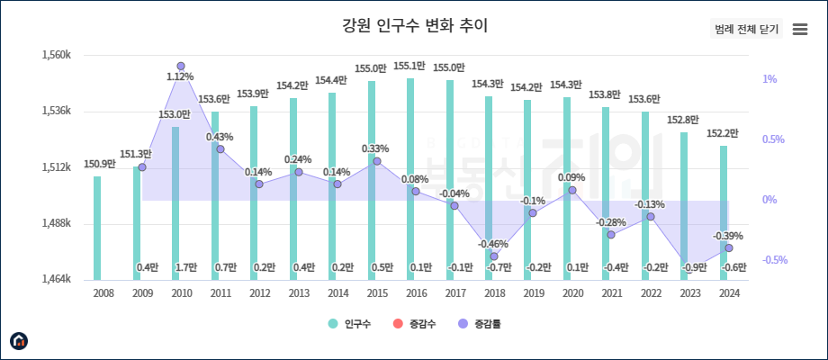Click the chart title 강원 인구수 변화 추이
coord(413,25)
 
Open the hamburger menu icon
coord(800,29)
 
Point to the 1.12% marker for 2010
coord(181,67)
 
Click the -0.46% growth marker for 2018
coord(494,256)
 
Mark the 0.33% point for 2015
coord(376,162)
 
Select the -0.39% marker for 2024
coord(729,248)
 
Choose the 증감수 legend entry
coord(415,323)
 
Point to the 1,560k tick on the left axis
coord(56,55)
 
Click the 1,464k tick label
coord(56,280)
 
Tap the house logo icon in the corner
coord(18,341)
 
